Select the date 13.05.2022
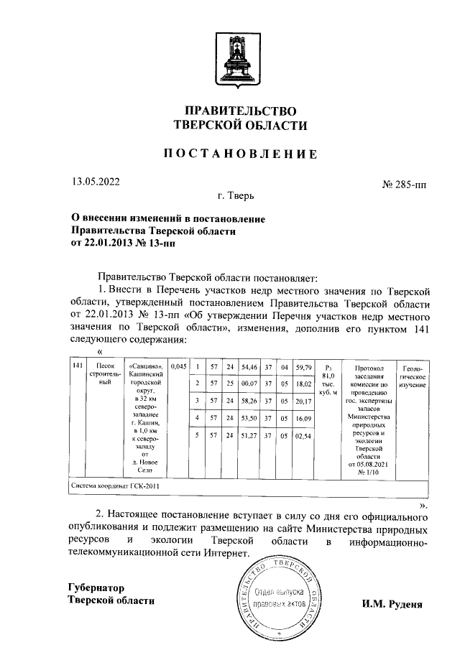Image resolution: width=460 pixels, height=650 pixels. (x=96, y=182)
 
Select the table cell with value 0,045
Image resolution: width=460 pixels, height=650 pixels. (x=179, y=366)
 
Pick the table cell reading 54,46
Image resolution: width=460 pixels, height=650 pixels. (x=249, y=367)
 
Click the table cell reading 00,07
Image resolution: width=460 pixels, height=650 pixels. (x=249, y=384)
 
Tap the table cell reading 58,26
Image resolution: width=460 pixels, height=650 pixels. (x=249, y=401)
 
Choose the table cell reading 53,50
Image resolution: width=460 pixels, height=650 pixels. (x=249, y=417)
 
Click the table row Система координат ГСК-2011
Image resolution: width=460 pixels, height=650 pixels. (x=115, y=486)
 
